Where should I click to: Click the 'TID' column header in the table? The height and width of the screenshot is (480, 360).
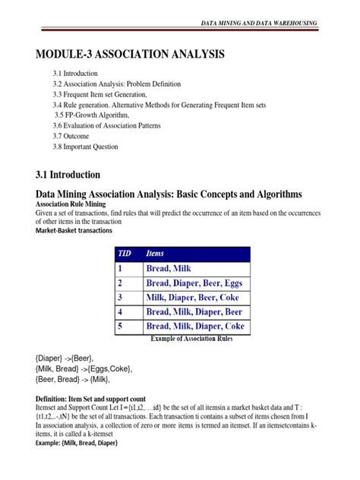click(x=123, y=253)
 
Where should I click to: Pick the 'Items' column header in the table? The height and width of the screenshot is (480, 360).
click(x=158, y=253)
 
